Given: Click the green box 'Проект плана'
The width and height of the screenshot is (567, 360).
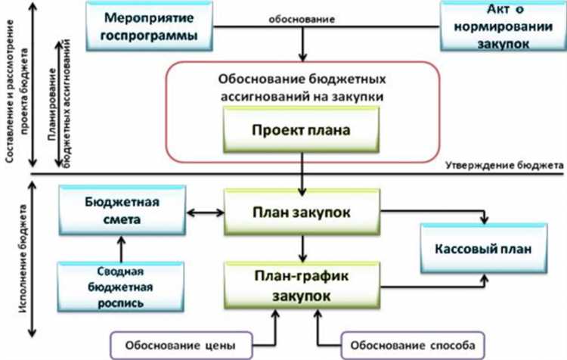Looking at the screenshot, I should coord(301,129).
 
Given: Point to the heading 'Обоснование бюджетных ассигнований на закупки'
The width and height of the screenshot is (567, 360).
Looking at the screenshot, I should coord(301,88).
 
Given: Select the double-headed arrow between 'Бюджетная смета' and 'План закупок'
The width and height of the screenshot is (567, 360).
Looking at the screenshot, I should coord(204,212).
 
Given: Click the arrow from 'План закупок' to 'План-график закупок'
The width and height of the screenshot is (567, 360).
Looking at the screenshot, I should coord(302,247).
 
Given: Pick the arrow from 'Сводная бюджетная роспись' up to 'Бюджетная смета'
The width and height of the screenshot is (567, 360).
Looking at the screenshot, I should coord(118,247).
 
